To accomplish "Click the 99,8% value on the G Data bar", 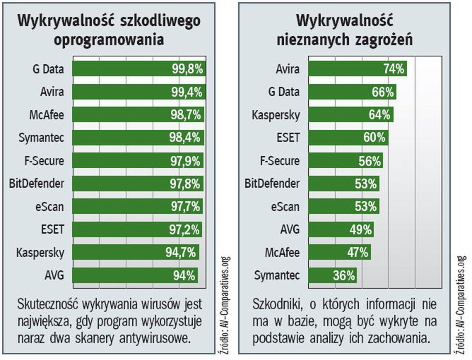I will pos(187,68).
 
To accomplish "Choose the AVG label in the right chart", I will pos(289,229).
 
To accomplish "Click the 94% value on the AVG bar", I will pos(184,275).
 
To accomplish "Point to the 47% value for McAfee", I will pos(357,253).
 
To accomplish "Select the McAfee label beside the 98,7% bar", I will pos(47,114).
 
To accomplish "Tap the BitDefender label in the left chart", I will pos(38,184).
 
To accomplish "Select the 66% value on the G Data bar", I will pos(382,92).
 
